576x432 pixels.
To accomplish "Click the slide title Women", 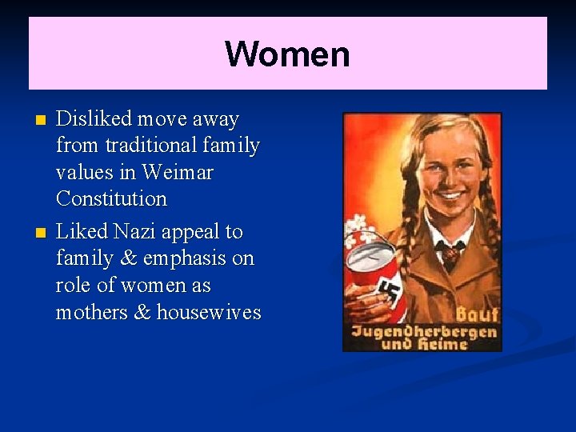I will (x=287, y=54).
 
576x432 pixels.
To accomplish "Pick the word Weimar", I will (x=179, y=172).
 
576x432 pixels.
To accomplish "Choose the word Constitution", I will (x=111, y=198).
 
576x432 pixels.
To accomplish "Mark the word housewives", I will (x=209, y=312).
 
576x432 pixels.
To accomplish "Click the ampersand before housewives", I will (x=143, y=312).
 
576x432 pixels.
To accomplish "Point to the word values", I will (x=83, y=172).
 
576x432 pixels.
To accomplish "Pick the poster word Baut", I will (x=477, y=314).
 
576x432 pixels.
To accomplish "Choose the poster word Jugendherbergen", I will (x=422, y=330).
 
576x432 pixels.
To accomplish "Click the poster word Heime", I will (x=454, y=345).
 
